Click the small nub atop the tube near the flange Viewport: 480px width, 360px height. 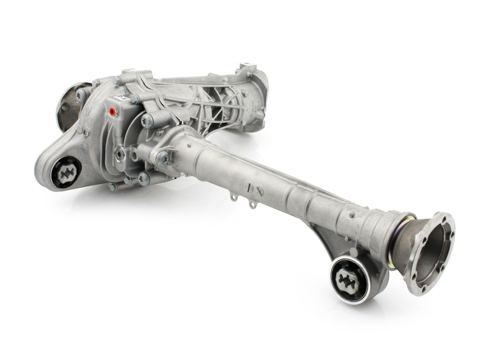click(351, 215)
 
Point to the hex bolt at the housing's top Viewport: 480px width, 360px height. click(116, 80)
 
